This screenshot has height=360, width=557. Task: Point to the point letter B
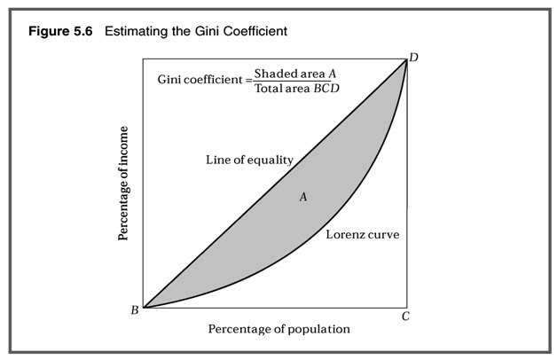point(134,309)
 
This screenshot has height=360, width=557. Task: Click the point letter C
point(404,316)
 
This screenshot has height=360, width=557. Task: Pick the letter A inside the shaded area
point(303,197)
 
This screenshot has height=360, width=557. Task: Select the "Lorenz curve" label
point(362,235)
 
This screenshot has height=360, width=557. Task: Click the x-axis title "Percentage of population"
point(279,329)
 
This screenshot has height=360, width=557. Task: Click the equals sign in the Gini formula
point(248,81)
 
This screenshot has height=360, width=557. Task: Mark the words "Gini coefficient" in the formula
point(201,81)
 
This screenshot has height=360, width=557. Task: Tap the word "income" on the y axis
point(125,149)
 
